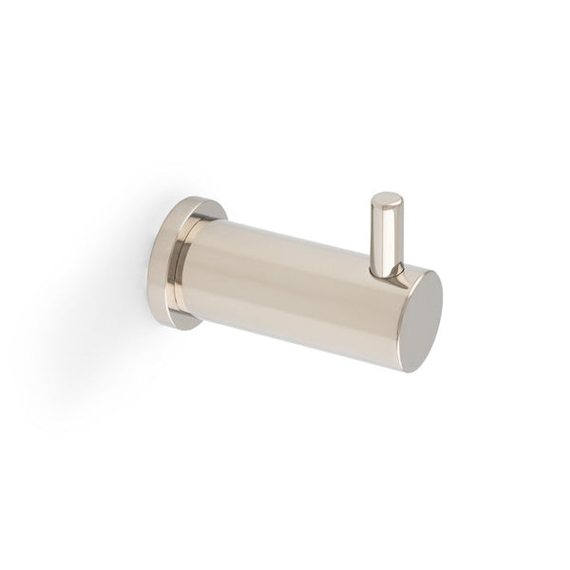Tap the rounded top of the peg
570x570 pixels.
pyautogui.click(x=386, y=199)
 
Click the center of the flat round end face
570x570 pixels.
pyautogui.click(x=422, y=312)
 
